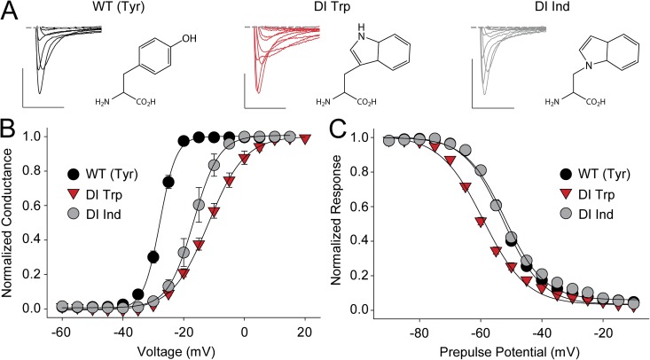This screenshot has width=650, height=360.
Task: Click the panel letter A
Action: point(10,12)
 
